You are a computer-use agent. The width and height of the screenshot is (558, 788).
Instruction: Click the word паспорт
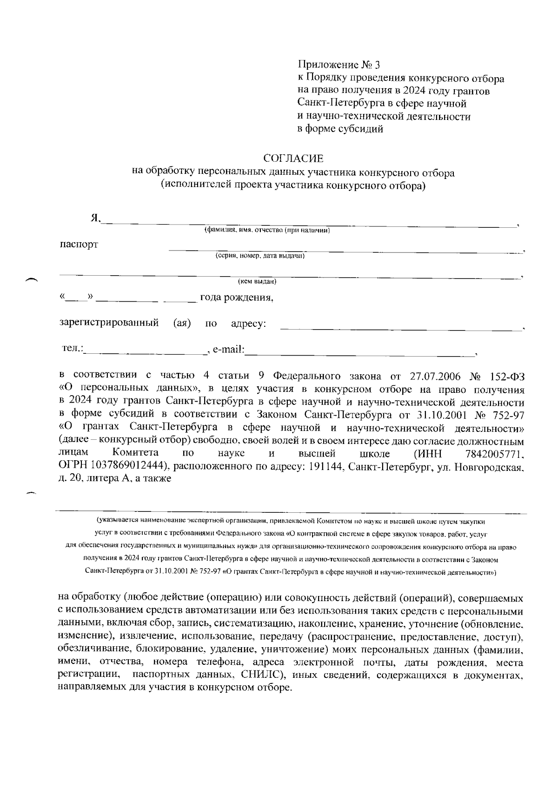coord(79,245)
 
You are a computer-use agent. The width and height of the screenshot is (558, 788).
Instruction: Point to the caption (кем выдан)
coord(257,282)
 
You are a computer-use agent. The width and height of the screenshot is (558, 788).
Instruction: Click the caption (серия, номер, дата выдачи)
coord(259,256)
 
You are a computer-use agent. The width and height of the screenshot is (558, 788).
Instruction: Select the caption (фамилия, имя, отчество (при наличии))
coord(267,230)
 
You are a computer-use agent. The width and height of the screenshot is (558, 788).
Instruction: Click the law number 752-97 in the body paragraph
coord(507,414)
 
